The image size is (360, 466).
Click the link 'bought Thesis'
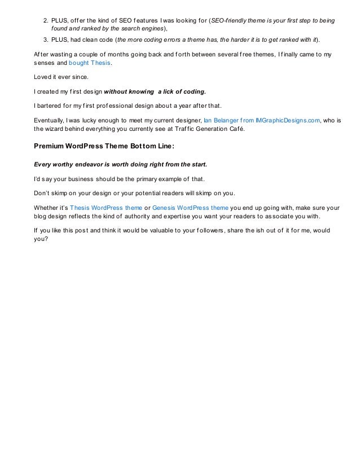point(94,64)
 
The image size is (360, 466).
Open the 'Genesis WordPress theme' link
point(191,207)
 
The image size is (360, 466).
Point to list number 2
point(46,20)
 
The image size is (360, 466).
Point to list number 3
point(46,39)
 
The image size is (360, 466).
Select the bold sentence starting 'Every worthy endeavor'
point(121,165)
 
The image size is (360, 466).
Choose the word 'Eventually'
point(49,120)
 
